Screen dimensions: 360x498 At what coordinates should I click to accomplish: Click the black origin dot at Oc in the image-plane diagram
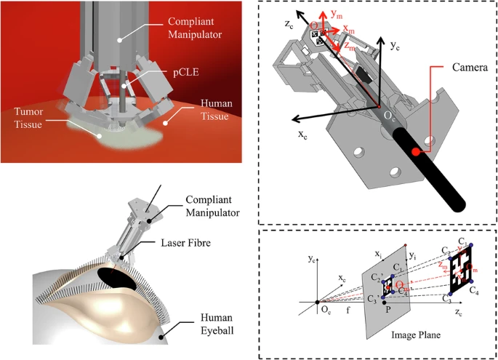tap(317, 301)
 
